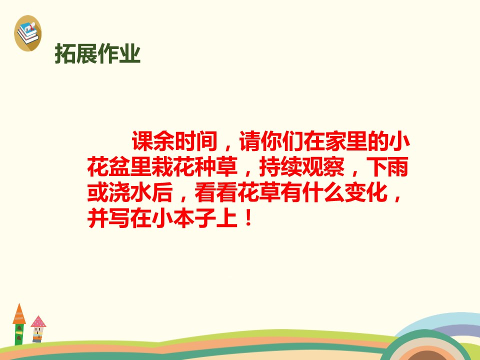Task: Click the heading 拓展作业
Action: (97, 54)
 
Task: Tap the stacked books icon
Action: (28, 33)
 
